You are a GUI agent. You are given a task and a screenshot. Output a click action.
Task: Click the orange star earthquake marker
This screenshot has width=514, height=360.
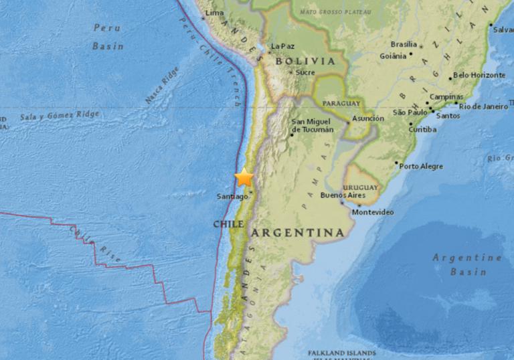244,177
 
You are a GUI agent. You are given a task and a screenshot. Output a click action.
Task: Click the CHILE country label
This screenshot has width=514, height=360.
228,224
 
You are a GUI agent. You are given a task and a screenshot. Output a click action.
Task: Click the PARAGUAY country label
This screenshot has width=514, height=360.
341,104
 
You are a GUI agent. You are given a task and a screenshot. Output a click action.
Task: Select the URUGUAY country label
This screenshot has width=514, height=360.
360,188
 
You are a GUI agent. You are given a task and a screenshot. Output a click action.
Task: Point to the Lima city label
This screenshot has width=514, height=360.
214,13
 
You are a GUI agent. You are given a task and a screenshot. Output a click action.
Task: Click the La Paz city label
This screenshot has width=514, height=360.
282,47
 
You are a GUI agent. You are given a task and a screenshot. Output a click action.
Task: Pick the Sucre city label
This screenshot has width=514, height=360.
305,72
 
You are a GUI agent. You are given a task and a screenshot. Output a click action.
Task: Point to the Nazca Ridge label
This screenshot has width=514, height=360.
162,84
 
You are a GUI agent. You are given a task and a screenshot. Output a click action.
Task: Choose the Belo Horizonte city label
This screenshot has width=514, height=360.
479,76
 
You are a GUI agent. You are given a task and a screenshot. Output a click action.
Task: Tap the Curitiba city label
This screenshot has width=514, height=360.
422,128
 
